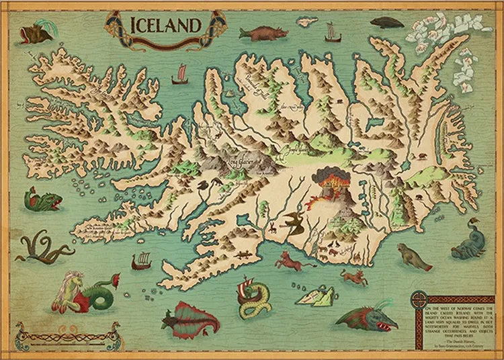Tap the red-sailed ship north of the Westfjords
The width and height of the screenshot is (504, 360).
[179, 75]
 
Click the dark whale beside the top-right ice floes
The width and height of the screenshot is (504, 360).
[387, 22]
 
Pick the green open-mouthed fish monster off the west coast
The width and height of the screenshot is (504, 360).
[42, 199]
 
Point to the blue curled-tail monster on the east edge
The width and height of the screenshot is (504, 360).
[468, 242]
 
